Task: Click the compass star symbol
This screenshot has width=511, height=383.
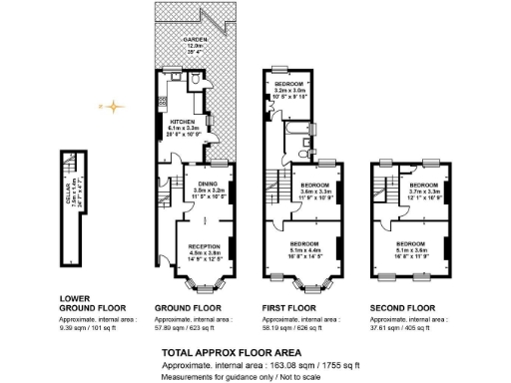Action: (115, 105)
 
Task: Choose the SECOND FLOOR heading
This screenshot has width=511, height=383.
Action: (402, 307)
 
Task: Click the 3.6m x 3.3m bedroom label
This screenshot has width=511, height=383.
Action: (315, 190)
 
